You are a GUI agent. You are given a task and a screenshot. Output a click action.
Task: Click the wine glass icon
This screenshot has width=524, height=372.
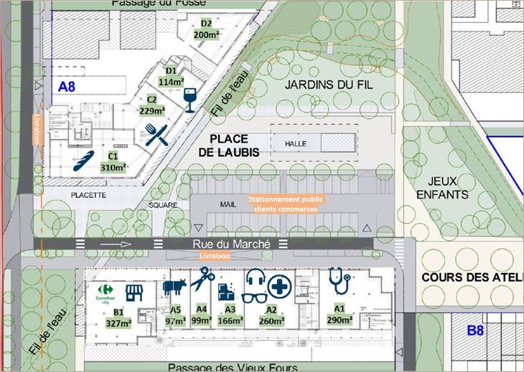pyautogui.click(x=190, y=100)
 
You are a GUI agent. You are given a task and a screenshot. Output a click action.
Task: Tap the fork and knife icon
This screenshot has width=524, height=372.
pyautogui.click(x=157, y=134)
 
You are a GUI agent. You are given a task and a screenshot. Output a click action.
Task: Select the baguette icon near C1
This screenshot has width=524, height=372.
pyautogui.click(x=85, y=162)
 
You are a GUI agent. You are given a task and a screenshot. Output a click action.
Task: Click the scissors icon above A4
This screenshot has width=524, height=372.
pyautogui.click(x=204, y=279)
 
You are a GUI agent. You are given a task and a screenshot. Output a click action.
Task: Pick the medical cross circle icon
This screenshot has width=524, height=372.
pyautogui.click(x=279, y=289)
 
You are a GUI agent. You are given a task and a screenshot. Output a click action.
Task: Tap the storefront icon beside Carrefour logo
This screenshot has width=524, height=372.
pyautogui.click(x=134, y=292)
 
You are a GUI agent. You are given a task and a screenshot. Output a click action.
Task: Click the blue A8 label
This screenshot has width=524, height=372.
pyautogui.click(x=67, y=87)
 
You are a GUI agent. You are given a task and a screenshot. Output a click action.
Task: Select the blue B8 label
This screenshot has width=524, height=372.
pyautogui.click(x=476, y=330)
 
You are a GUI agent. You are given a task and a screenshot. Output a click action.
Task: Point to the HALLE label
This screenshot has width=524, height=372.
pyautogui.click(x=295, y=144)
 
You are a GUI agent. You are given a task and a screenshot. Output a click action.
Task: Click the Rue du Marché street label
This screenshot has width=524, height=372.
pyautogui.click(x=231, y=244)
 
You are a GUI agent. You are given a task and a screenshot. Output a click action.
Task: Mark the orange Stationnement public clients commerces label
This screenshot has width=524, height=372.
pyautogui.click(x=282, y=204)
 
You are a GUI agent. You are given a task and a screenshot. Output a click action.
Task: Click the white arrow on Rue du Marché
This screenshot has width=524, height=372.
pyautogui.click(x=117, y=244)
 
